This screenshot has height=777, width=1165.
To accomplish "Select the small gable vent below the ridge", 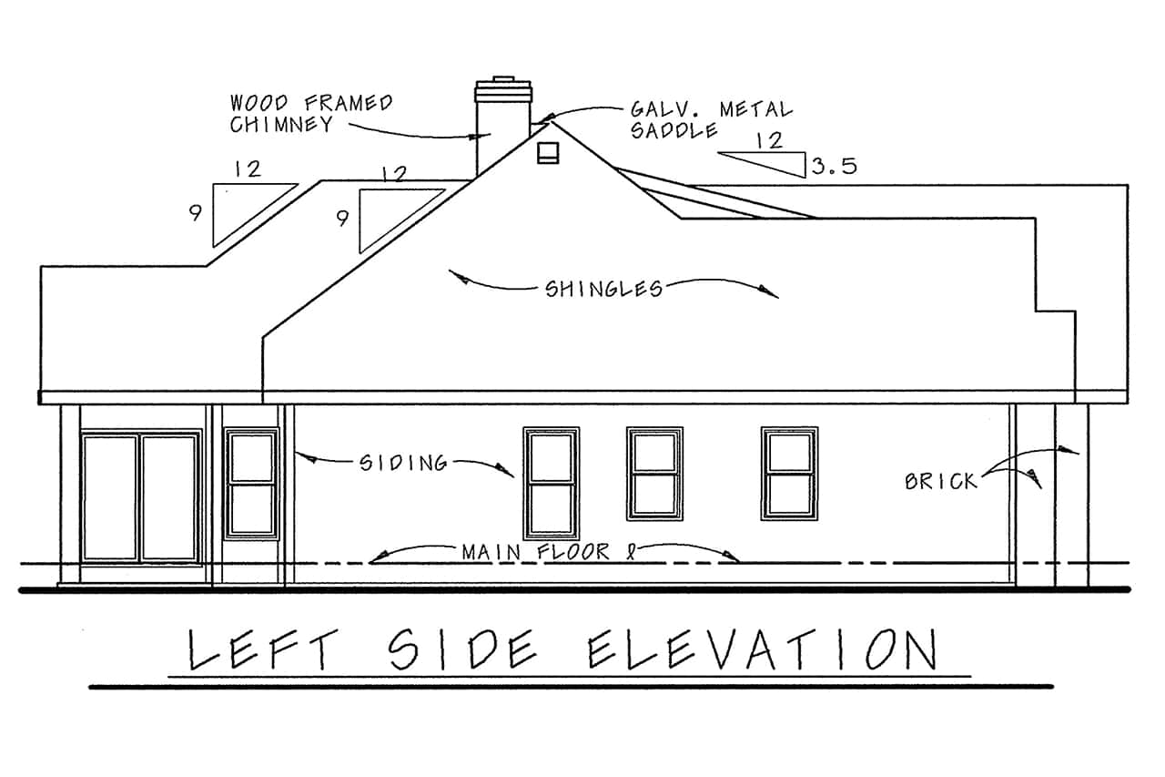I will click(x=546, y=154).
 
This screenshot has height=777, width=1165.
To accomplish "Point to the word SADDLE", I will click(x=674, y=131).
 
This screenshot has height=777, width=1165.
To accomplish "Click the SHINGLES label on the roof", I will click(x=603, y=289).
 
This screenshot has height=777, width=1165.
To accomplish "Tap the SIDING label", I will click(x=404, y=463).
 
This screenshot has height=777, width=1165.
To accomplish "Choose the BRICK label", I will click(x=940, y=480).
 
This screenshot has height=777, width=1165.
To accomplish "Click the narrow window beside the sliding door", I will click(x=252, y=483).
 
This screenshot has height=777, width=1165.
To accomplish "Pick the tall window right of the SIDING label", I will click(x=551, y=483).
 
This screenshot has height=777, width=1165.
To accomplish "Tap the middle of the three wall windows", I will click(x=654, y=473).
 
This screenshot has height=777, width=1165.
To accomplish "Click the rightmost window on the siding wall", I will click(x=789, y=473).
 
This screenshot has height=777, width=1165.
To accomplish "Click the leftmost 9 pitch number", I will click(x=195, y=214).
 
